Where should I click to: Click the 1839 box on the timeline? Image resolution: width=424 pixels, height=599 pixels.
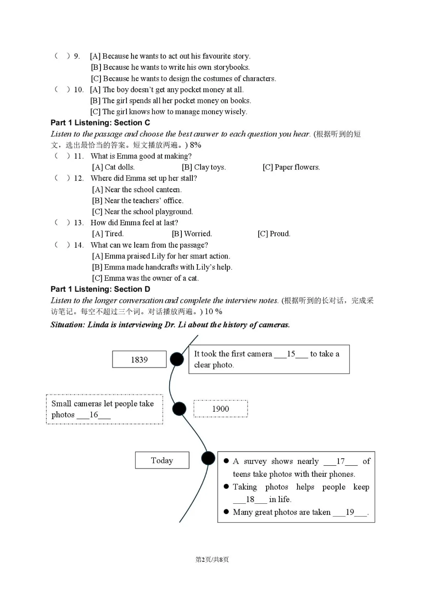[x=139, y=359]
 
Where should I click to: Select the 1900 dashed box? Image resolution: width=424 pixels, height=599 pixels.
[x=221, y=409]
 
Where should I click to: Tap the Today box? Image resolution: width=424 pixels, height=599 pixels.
[x=162, y=460]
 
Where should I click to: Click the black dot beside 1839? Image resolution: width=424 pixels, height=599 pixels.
[x=177, y=359]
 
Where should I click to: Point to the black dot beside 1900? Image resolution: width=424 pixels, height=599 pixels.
[x=179, y=409]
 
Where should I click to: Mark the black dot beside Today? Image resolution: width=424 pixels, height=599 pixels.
[x=208, y=458]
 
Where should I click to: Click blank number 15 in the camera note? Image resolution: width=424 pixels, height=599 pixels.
[x=291, y=354]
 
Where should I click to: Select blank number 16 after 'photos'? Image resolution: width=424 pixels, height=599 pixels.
[x=94, y=415]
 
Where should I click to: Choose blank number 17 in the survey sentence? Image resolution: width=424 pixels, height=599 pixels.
[x=340, y=461]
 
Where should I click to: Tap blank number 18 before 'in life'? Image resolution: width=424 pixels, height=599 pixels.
[x=250, y=499]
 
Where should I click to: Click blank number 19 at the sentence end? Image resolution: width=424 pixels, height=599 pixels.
[x=350, y=512]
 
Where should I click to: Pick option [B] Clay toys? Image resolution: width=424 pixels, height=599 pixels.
[x=204, y=167]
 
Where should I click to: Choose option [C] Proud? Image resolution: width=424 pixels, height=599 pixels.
[x=274, y=234]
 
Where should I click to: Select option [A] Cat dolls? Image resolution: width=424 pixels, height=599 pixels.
[x=113, y=167]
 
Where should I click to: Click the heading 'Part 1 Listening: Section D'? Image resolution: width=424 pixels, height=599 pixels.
[x=101, y=289]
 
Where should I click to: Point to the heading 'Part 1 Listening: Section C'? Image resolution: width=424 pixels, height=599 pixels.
[x=101, y=123]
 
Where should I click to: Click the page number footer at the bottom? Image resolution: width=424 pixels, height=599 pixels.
[x=212, y=559]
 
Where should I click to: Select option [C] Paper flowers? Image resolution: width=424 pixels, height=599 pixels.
[x=291, y=167]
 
